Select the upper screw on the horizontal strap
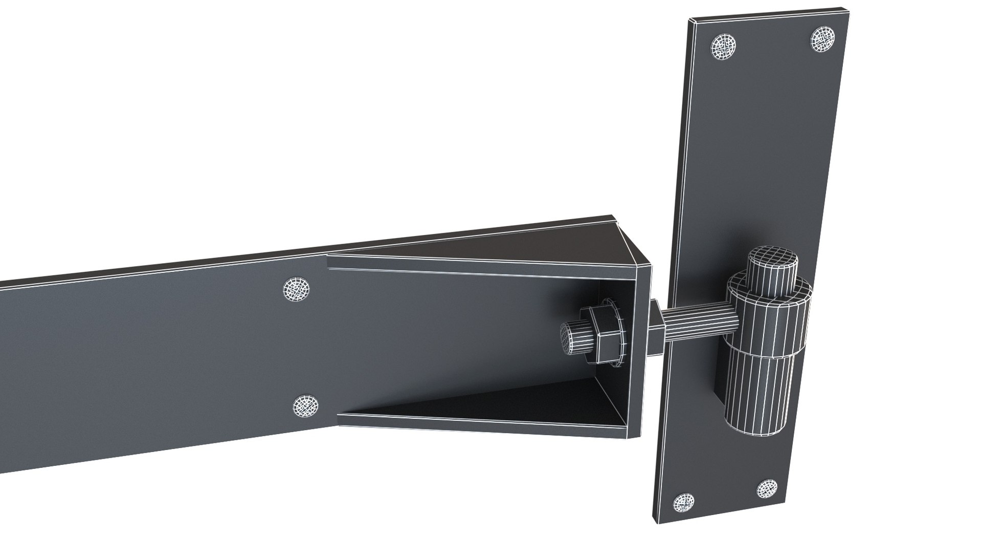point(297,290)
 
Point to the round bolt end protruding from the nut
point(573,338)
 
